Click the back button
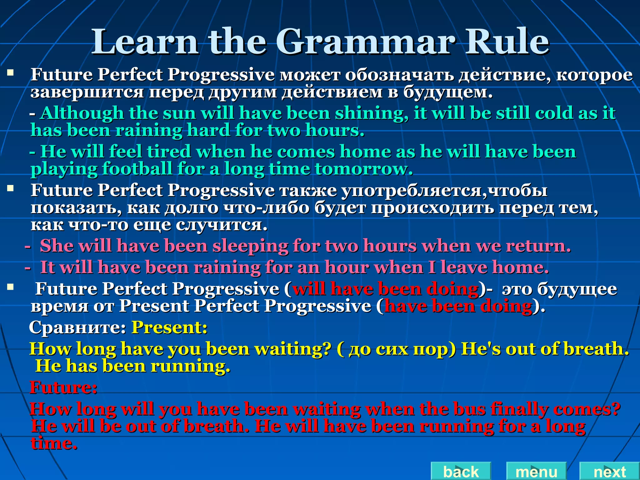point(461,472)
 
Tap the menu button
point(536,472)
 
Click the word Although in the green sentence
point(82,113)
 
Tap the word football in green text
point(137,169)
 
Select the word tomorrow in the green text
point(364,169)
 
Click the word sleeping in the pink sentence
point(250,246)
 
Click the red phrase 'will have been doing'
point(385,289)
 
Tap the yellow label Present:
point(169,327)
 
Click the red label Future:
point(63,387)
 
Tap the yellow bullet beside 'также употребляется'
point(11,188)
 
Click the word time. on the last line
point(54,443)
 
